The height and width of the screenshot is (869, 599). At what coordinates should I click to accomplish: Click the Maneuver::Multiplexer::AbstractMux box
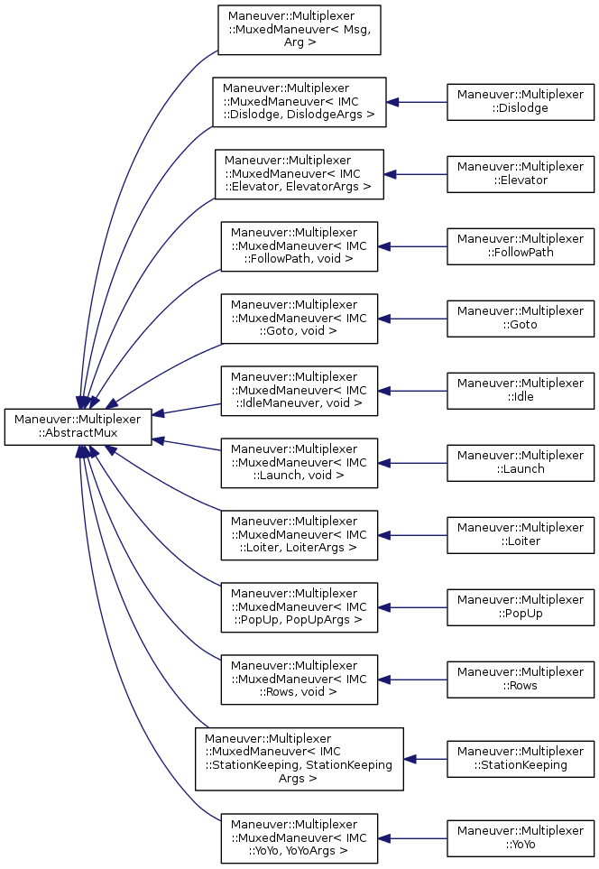click(x=78, y=426)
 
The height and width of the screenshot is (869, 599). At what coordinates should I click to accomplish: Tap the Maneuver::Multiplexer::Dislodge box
click(x=521, y=101)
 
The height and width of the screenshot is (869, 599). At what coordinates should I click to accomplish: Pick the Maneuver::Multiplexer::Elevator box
click(x=521, y=173)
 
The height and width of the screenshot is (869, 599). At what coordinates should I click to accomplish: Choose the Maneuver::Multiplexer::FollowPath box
click(x=521, y=245)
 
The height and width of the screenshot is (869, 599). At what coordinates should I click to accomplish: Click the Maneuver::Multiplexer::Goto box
click(x=521, y=318)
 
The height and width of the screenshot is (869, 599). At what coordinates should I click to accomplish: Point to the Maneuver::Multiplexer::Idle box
click(x=521, y=390)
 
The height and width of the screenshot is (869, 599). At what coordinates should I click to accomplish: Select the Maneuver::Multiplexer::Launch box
click(x=521, y=462)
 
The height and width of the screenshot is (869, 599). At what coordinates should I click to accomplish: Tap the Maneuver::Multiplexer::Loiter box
click(x=521, y=534)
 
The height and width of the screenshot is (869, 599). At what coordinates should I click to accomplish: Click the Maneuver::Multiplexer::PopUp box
click(x=521, y=606)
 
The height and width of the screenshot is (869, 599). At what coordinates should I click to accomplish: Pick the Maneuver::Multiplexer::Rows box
click(x=521, y=679)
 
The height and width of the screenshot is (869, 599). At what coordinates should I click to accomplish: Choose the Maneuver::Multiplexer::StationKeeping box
click(x=521, y=758)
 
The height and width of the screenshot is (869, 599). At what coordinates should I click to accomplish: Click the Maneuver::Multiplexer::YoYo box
click(x=521, y=837)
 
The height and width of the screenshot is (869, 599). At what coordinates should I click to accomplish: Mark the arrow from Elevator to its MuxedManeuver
click(x=416, y=173)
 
